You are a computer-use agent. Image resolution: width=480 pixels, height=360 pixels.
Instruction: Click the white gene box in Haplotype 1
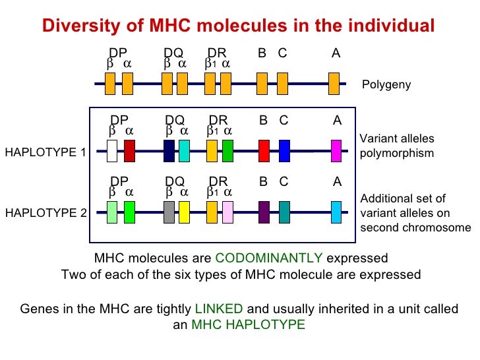coord(112,151)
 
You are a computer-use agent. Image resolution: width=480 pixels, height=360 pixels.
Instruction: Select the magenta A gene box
coord(336,151)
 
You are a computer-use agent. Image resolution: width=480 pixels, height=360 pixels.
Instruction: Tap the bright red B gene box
coord(264,151)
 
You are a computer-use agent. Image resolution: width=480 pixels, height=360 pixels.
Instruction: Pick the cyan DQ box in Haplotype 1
coord(184,151)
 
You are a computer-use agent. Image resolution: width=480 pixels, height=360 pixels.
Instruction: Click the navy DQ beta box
coord(169,151)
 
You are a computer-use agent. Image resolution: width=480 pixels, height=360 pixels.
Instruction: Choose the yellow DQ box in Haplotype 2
coord(184,212)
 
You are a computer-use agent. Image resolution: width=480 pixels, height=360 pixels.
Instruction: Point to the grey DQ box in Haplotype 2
coord(169,212)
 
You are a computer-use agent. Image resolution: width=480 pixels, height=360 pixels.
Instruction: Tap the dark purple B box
coord(264,212)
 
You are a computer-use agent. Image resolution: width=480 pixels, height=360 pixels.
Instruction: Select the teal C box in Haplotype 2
coord(284,212)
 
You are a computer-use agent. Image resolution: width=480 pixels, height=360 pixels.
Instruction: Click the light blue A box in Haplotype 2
coord(336,212)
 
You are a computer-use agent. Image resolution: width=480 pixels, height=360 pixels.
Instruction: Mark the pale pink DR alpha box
coord(227,212)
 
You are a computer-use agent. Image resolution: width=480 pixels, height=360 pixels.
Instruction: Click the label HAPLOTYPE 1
coord(45,153)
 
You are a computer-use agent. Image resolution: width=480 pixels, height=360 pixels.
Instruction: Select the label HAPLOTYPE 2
coord(45,213)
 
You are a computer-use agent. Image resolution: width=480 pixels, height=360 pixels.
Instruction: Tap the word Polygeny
coord(386,85)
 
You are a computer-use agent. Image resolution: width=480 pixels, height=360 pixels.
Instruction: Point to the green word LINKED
coord(219,309)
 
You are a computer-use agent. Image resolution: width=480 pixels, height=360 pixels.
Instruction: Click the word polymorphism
coord(397,153)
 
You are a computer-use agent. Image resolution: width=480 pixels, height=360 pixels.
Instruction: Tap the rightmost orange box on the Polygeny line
coord(334,84)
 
